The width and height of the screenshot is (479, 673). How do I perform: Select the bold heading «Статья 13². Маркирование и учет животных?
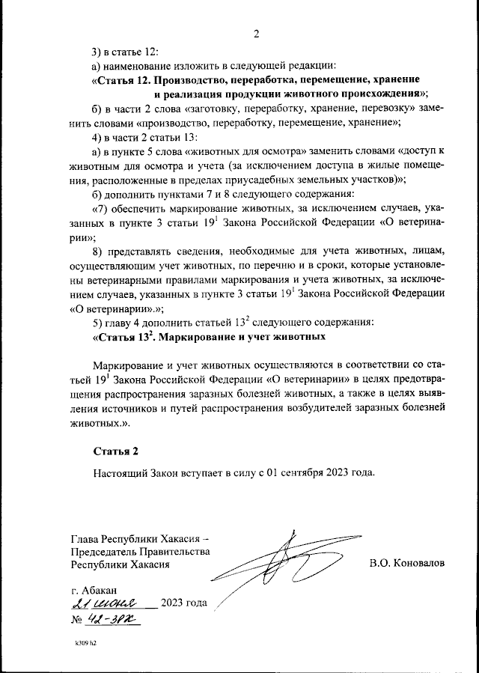pyautogui.click(x=209, y=337)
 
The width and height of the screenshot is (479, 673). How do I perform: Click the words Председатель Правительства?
pyautogui.click(x=140, y=552)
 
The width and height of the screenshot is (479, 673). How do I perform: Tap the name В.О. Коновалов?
pyautogui.click(x=406, y=562)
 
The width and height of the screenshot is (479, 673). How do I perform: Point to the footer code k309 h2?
pyautogui.click(x=86, y=643)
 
